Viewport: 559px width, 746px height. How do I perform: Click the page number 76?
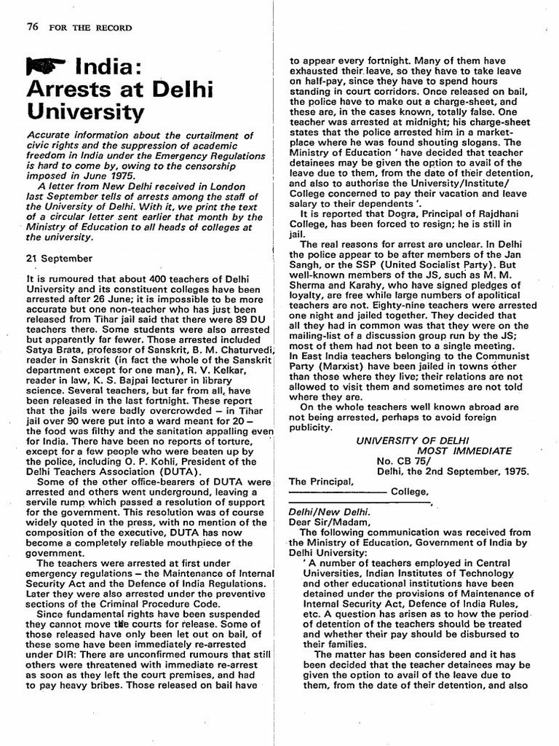pyautogui.click(x=32, y=28)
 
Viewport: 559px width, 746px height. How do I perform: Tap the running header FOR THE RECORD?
pyautogui.click(x=91, y=28)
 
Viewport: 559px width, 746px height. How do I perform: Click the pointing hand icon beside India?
pyautogui.click(x=46, y=68)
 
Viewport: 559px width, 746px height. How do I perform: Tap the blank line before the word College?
pyautogui.click(x=336, y=492)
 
